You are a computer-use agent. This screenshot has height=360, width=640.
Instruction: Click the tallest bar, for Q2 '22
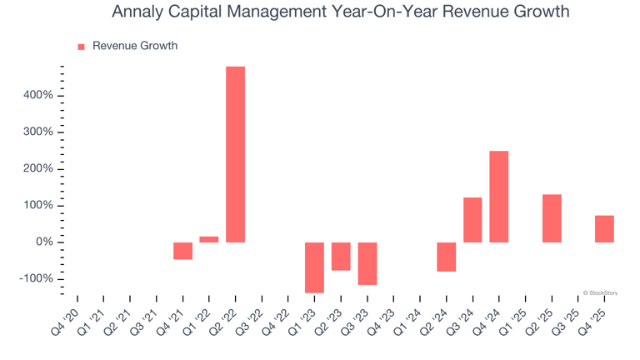coord(236,154)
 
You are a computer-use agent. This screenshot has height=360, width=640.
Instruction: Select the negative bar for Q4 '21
coord(182,251)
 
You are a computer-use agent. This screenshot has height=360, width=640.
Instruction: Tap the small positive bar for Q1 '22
coord(209,239)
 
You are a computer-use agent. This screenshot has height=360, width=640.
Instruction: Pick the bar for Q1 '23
coord(314,267)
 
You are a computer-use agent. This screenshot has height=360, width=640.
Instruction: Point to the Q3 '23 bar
coord(367,263)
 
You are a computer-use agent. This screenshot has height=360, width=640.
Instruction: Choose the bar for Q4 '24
coord(499,197)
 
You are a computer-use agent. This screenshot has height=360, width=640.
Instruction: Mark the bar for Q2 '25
coord(552,218)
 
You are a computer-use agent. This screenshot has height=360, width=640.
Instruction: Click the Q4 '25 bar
coord(604,229)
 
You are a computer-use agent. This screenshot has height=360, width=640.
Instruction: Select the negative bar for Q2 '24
coord(447,257)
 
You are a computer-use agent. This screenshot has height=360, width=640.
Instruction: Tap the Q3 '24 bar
coord(472,220)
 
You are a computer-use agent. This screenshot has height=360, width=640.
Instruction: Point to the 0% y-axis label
coord(43,242)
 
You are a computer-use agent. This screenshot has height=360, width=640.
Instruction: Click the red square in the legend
coord(82,47)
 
